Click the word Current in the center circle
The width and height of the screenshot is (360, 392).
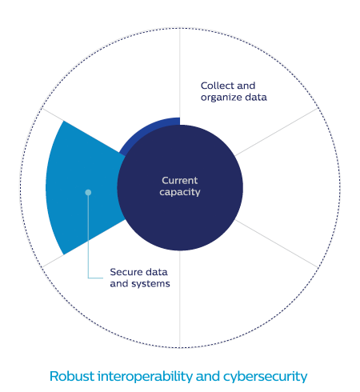179,181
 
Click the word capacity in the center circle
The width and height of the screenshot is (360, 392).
180,192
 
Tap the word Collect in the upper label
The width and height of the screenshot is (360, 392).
217,86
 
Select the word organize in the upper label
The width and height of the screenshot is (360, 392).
222,98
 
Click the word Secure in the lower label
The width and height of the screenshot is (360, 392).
126,272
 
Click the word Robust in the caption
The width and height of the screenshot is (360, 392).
72,377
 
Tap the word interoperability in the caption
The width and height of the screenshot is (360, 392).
145,377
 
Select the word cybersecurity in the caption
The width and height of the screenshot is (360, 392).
265,377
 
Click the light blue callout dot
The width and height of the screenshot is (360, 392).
88,192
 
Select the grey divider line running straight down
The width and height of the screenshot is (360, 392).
180,299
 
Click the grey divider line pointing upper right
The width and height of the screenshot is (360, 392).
277,132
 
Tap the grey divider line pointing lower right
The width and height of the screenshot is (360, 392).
277,243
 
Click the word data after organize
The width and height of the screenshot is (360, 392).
256,97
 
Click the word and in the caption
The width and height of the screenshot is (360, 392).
208,377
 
